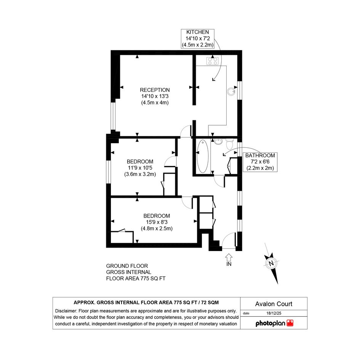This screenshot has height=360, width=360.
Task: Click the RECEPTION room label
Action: pyautogui.click(x=155, y=90)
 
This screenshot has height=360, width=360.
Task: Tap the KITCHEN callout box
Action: pyautogui.click(x=197, y=38)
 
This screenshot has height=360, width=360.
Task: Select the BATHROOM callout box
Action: pyautogui.click(x=260, y=162)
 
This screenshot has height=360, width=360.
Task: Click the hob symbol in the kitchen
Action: pyautogui.click(x=212, y=61)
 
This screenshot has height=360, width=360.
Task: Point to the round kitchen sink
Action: pyautogui.click(x=232, y=91)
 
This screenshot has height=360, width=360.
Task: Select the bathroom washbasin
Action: pyautogui.click(x=218, y=141)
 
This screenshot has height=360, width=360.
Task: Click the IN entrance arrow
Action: pyautogui.click(x=229, y=257)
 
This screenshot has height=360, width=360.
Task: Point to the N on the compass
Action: pyautogui.click(x=271, y=263)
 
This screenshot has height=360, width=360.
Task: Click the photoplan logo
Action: pyautogui.click(x=274, y=323)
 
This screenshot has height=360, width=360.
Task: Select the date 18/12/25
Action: pyautogui.click(x=274, y=313)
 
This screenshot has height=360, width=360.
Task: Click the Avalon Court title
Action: pyautogui.click(x=274, y=304)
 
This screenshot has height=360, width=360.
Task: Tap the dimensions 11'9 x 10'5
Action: pyautogui.click(x=140, y=168)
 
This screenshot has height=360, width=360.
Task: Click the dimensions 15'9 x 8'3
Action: pyautogui.click(x=157, y=222)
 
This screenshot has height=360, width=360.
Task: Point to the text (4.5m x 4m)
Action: pyautogui.click(x=155, y=102)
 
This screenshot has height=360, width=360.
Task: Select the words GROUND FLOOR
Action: pyautogui.click(x=127, y=266)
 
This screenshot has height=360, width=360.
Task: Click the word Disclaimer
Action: pyautogui.click(x=66, y=311)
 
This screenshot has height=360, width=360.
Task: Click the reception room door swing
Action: pyautogui.click(x=186, y=131)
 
